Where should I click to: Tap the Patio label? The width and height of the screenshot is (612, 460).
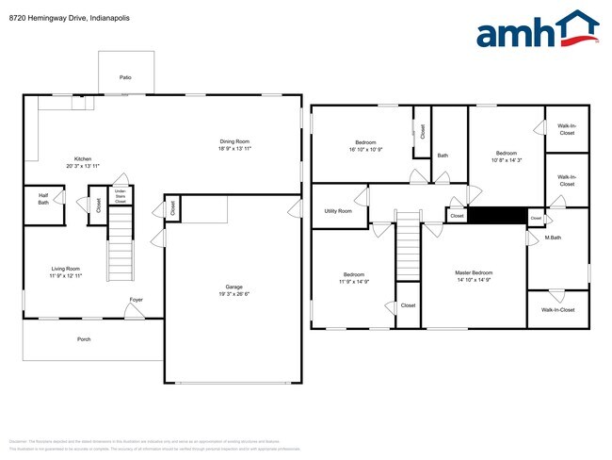click(x=125, y=77)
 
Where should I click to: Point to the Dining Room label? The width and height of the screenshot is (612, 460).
click(x=234, y=141)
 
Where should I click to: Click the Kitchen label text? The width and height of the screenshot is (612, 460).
click(x=84, y=158)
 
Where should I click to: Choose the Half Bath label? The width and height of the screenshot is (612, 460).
click(x=43, y=199)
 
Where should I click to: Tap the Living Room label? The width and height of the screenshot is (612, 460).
click(x=65, y=269)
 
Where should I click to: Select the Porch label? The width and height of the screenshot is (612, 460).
click(x=84, y=339)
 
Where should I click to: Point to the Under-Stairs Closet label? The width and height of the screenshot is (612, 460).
click(x=120, y=197)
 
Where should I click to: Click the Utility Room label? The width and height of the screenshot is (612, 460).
click(x=337, y=211)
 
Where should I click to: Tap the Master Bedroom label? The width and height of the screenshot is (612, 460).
click(x=474, y=273)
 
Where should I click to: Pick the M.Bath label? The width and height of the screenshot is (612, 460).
click(x=554, y=237)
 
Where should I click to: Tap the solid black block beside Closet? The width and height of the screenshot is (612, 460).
click(x=496, y=216)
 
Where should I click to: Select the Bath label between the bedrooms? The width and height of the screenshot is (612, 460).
click(x=443, y=155)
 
